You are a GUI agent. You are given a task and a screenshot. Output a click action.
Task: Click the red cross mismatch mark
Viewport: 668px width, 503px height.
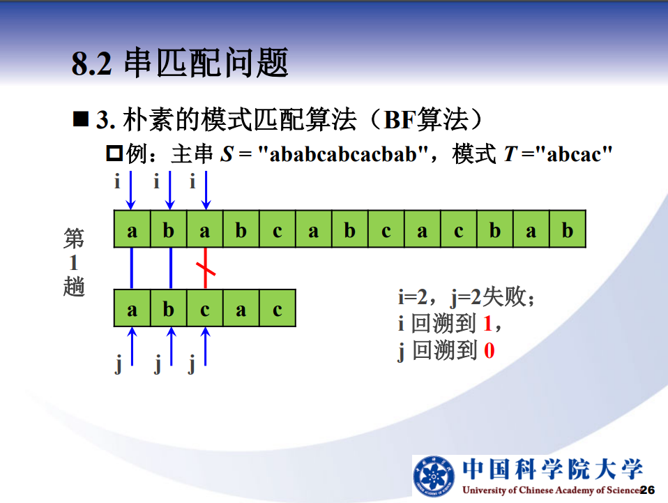point(205,269)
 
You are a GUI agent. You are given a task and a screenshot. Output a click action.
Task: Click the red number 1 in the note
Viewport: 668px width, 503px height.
point(488,324)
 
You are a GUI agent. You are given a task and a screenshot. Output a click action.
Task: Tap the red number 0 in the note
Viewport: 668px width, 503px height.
point(489,351)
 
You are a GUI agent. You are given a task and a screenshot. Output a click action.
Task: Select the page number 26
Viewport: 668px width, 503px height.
point(647,490)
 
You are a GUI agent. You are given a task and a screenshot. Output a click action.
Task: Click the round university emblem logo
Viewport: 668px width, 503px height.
point(433,476)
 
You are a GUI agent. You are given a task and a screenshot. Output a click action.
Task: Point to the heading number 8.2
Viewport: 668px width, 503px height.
point(91,64)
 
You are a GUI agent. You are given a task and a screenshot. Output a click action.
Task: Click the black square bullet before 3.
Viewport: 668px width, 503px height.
point(80,119)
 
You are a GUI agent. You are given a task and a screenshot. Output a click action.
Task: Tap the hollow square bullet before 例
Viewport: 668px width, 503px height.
point(114,153)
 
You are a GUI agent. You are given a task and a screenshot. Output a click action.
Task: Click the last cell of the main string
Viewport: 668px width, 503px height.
point(568,229)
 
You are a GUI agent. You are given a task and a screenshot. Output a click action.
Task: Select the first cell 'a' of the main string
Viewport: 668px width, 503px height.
point(132,229)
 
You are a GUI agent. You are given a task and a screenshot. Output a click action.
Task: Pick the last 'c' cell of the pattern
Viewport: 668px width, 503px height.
point(278,308)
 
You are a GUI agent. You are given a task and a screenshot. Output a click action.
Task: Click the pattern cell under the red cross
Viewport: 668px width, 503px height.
point(205,308)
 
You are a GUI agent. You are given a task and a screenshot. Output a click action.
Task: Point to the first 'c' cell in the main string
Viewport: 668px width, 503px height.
point(278,229)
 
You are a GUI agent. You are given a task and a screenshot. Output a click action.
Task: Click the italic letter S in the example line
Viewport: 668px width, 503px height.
point(227,154)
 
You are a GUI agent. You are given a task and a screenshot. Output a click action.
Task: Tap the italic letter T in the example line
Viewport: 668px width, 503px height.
point(510,154)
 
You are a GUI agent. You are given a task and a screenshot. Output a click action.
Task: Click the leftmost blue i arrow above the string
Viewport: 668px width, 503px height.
point(131,190)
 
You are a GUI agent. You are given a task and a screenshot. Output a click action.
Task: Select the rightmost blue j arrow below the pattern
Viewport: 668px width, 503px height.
point(205,346)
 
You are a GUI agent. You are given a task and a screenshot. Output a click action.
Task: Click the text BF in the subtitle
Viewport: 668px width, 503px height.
point(400,120)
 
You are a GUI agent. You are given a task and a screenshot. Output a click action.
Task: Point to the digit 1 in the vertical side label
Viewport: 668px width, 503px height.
point(74,262)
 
